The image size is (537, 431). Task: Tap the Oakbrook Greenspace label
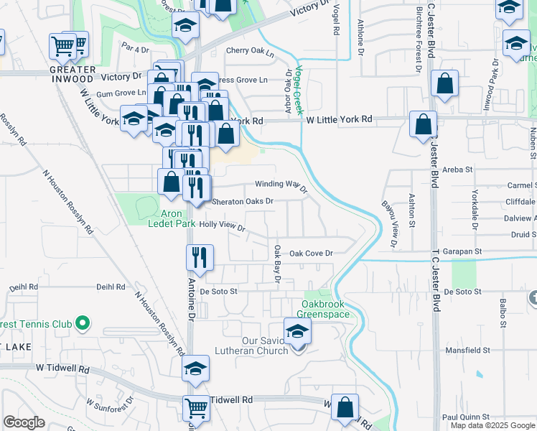[325, 310]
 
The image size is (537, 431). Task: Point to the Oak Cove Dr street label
[312, 254]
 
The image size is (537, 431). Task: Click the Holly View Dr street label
[223, 226]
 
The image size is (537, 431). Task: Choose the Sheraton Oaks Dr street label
[242, 202]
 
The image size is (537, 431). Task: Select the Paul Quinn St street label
[465, 417]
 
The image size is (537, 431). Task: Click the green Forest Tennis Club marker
[83, 324]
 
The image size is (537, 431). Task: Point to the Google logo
[24, 422]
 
